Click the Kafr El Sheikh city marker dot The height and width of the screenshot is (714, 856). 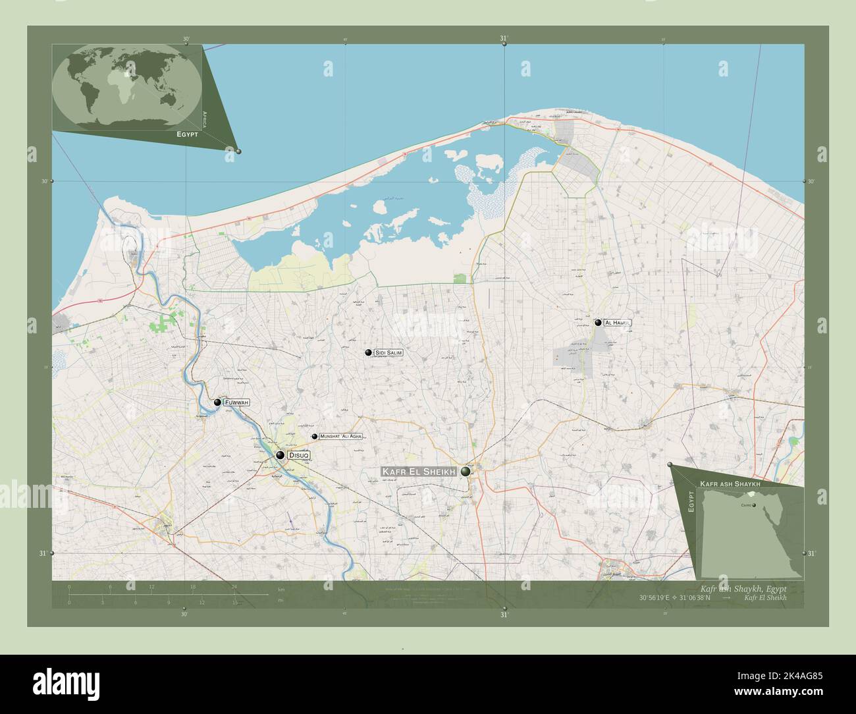(466, 472)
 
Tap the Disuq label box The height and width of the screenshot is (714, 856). (298, 455)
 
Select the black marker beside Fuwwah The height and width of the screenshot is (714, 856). (217, 402)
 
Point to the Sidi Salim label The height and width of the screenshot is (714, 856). (388, 353)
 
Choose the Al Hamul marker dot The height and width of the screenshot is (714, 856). (598, 323)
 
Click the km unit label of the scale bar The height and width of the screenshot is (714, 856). (281, 589)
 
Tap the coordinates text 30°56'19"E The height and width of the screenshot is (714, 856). (658, 598)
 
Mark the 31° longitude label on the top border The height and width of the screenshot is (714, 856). (504, 39)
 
